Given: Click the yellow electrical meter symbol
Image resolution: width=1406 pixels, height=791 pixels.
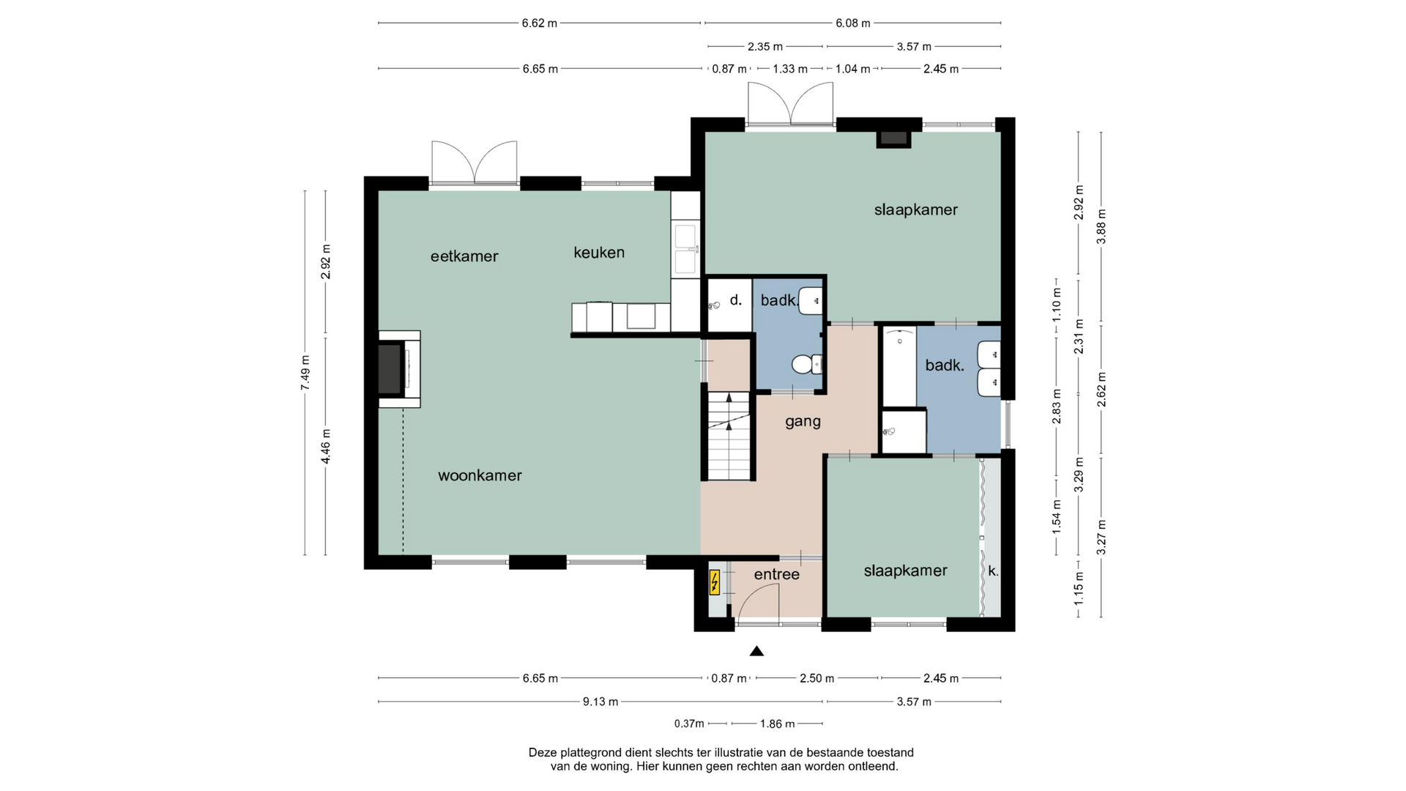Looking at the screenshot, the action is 715,583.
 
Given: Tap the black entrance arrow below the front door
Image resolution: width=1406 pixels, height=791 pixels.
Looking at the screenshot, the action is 756,651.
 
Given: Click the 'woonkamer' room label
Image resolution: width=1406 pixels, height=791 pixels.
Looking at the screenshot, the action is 480,475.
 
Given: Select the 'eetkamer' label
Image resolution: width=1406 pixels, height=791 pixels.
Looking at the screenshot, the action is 464,256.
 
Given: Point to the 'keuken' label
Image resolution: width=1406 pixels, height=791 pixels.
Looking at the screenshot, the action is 599,253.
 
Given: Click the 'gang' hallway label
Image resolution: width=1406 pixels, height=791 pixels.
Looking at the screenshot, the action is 803,422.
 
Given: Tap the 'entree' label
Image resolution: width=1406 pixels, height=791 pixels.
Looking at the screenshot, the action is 776,574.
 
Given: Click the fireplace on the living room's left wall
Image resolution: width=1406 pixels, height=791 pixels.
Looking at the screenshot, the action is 399,369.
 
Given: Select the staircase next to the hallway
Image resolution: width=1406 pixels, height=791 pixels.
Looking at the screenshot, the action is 729,436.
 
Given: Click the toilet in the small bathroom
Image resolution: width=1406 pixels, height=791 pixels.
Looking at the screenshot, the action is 806,364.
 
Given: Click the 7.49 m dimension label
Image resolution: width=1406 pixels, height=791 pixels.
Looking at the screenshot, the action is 305,372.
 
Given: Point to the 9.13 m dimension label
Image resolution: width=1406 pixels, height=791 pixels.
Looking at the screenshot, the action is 600,702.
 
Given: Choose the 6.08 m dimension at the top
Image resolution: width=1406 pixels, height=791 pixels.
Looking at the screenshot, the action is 853,23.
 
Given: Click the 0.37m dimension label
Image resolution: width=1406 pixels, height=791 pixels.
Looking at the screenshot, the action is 689,724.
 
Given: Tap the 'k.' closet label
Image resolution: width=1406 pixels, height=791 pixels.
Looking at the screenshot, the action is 993,571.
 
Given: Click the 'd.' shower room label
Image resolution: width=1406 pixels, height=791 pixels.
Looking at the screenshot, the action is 736,299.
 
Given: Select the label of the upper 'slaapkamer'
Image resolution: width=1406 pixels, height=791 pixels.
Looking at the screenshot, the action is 915,210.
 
